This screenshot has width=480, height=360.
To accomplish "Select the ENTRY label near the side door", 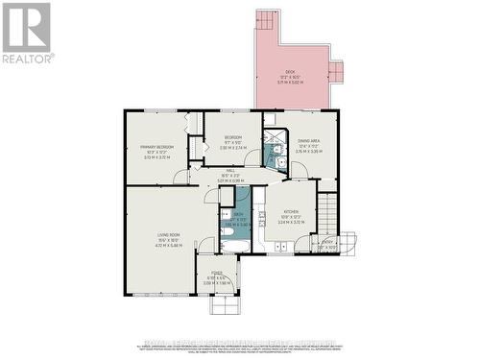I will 328,243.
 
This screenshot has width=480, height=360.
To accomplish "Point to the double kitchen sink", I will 279,247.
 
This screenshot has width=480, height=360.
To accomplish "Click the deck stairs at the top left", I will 266,21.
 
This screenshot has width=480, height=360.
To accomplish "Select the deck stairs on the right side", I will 335,71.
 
